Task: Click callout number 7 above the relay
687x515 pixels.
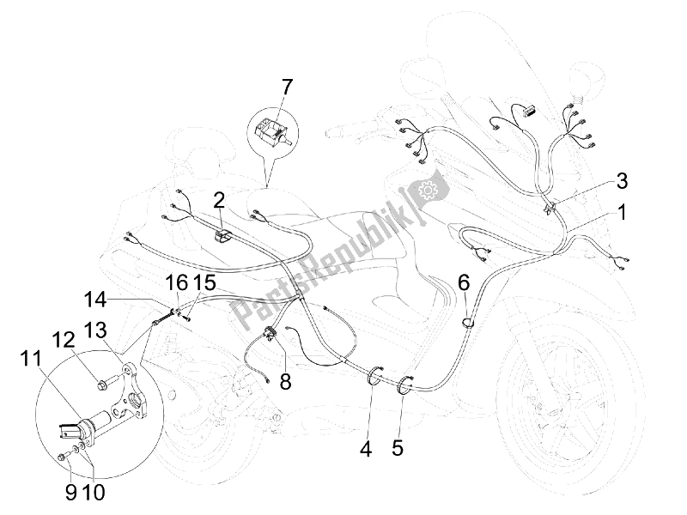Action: pyautogui.click(x=286, y=88)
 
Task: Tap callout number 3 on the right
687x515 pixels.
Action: pyautogui.click(x=622, y=181)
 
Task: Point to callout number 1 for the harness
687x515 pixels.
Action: pyautogui.click(x=621, y=213)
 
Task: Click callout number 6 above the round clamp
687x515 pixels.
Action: pyautogui.click(x=465, y=283)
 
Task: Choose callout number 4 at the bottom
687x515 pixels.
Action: pyautogui.click(x=366, y=449)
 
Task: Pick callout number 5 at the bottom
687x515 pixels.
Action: pyautogui.click(x=398, y=449)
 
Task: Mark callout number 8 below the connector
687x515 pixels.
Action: pyautogui.click(x=285, y=381)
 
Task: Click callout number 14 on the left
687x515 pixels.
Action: pyautogui.click(x=95, y=300)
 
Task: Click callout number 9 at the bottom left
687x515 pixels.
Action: pyautogui.click(x=71, y=493)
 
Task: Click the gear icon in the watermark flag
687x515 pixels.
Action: pyautogui.click(x=425, y=190)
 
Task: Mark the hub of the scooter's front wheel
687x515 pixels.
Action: pyautogui.click(x=557, y=406)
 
